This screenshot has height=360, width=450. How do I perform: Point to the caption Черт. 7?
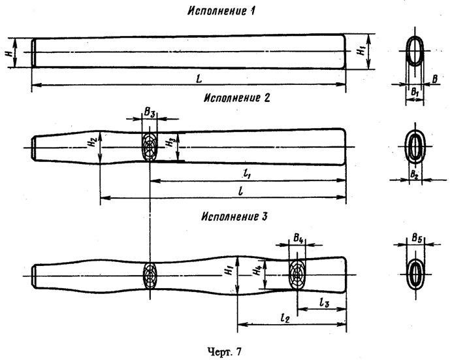(224, 352)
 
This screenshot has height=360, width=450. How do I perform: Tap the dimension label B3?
(150, 114)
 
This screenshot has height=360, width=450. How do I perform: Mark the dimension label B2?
(413, 173)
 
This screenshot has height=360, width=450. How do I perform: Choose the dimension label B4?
(298, 239)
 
